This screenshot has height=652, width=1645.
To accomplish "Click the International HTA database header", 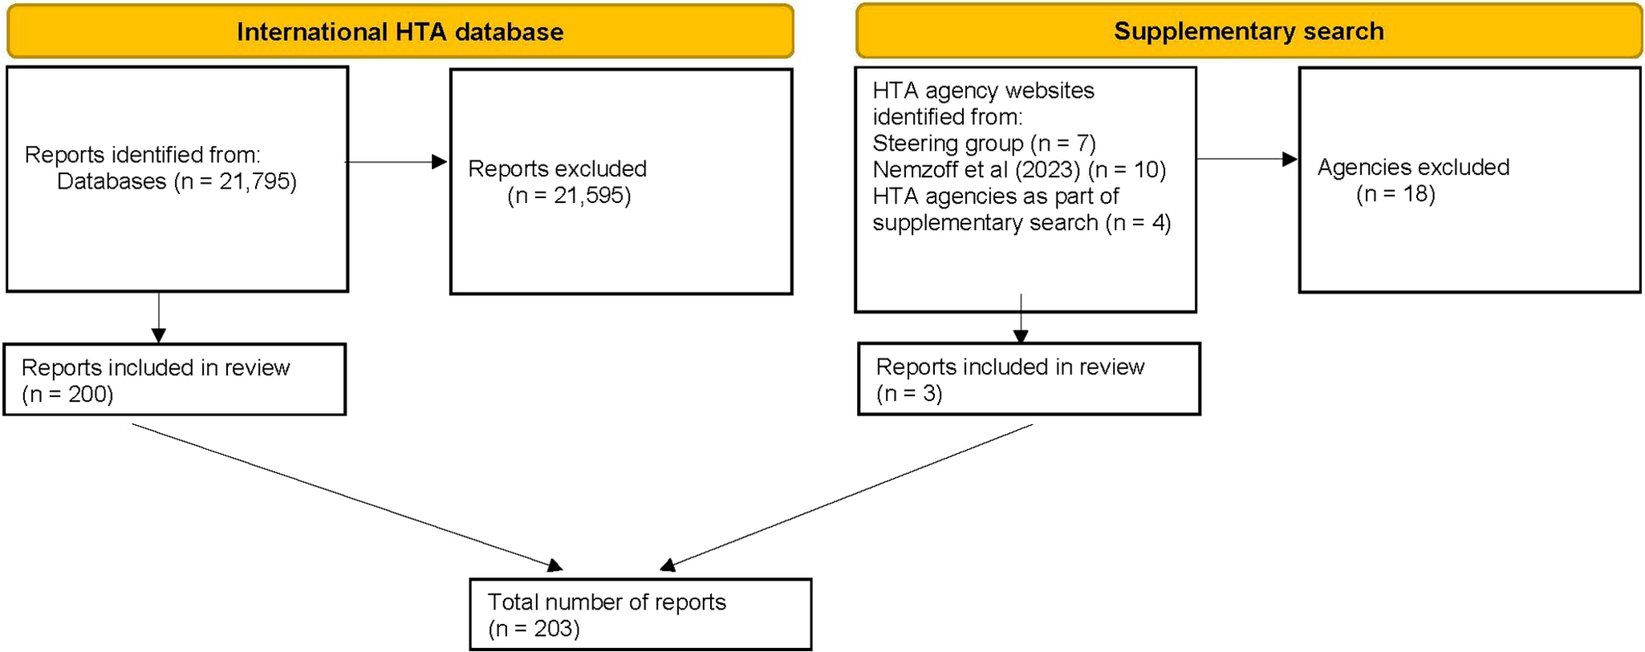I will coord(400,32).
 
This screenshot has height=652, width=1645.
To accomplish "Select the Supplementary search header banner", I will coord(1249,31).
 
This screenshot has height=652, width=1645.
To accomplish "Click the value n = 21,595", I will coord(569,196).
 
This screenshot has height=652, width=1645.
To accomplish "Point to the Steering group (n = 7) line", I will coord(984,144).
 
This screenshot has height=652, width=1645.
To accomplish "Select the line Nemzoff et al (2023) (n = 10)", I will coord(1019,170).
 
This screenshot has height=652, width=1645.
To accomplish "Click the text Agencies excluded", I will coord(1413,168).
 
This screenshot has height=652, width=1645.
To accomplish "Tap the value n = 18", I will coord(1395,194).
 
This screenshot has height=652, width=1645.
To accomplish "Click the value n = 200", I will coord(67,395).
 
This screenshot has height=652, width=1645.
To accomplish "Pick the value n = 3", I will coord(909,394).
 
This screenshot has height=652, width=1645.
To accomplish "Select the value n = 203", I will coord(534,629).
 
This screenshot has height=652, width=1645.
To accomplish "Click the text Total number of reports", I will coord(607,602).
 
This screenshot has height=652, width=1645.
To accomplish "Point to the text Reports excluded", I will coord(557,169).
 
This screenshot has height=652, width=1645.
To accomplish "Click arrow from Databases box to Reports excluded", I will coord(396,162).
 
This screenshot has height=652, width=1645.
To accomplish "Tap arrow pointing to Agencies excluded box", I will coord(1247,159).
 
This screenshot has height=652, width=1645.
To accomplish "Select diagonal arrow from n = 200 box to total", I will coord(345,496).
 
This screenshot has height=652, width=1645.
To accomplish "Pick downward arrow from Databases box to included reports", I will coord(159,318).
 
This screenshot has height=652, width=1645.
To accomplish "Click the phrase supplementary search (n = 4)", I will coord(1022,223).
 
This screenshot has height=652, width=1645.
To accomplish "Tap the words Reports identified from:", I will coord(143,155).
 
